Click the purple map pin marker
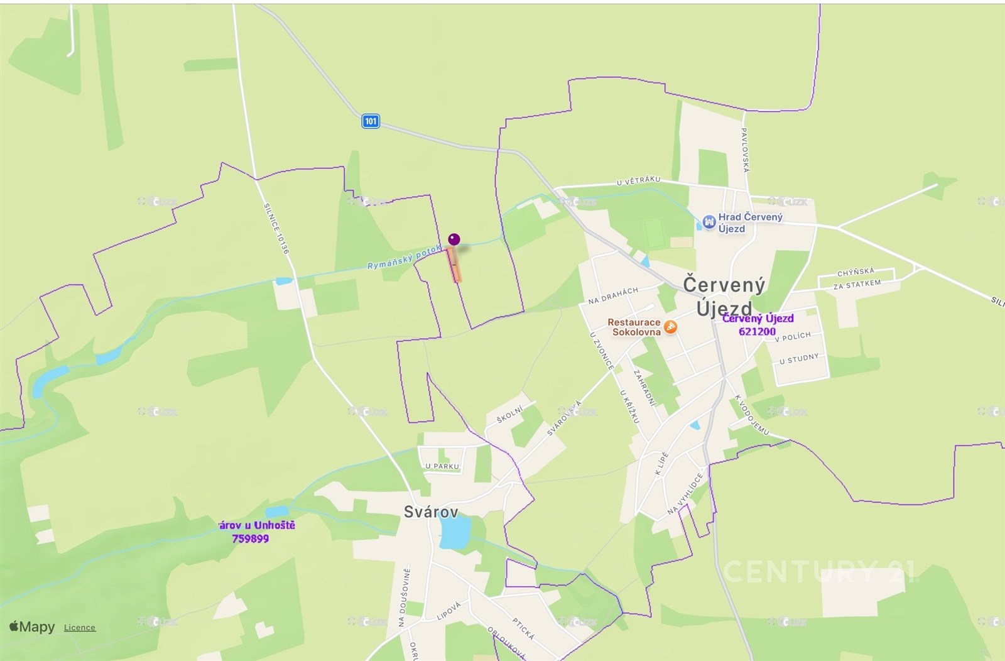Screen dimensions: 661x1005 click(x=454, y=239)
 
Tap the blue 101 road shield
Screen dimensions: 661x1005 click(x=371, y=121)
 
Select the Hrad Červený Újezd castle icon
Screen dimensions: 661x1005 click(x=709, y=222)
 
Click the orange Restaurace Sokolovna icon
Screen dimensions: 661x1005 click(x=671, y=327)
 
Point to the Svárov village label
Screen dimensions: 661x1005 click(x=431, y=511)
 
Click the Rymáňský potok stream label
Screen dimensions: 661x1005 click(x=405, y=257)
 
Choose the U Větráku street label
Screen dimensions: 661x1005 click(x=638, y=181)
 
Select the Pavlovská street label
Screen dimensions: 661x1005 click(x=745, y=150)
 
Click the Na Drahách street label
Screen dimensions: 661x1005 click(x=613, y=296)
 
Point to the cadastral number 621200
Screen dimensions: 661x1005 click(x=757, y=332)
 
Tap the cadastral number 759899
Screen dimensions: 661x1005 click(x=250, y=538)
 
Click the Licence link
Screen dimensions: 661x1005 click(x=80, y=627)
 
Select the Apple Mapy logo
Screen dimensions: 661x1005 click(x=32, y=626)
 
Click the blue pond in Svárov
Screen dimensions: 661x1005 click(x=455, y=533)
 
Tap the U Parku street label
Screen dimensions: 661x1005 click(x=442, y=466)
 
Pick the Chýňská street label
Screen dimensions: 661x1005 click(x=856, y=272)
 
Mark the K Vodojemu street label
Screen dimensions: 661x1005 click(x=752, y=415)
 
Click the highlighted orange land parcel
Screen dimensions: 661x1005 click(x=454, y=265)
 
